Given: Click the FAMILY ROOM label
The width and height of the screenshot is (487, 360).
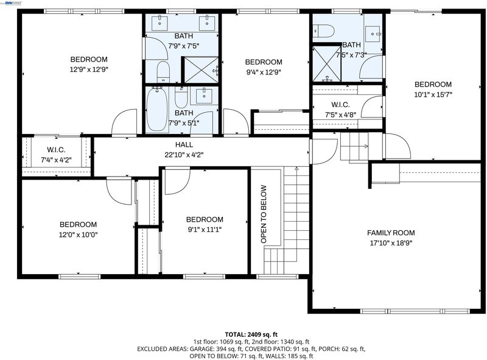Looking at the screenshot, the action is click(x=391, y=233).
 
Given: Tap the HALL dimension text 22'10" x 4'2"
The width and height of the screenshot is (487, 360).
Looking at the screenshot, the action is click(x=184, y=155).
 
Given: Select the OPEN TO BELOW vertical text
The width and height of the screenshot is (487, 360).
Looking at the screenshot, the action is click(x=264, y=214).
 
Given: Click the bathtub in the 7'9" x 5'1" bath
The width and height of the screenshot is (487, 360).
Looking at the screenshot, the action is click(x=157, y=109).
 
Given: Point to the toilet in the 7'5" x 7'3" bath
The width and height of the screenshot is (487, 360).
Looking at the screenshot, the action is click(x=324, y=32).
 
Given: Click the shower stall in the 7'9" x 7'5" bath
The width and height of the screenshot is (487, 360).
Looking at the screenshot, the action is click(x=201, y=70).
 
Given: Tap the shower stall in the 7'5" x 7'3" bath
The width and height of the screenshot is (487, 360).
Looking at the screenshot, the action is click(x=327, y=64).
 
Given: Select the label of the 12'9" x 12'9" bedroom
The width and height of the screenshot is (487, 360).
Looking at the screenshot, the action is click(x=89, y=59).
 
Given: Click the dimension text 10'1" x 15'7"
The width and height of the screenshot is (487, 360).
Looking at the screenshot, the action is click(x=433, y=94).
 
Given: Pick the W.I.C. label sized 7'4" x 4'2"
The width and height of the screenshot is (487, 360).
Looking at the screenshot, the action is click(x=56, y=150).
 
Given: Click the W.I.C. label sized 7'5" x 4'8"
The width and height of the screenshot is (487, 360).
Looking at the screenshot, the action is click(x=340, y=105).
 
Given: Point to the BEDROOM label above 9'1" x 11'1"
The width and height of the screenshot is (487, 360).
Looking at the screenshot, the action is click(x=205, y=219).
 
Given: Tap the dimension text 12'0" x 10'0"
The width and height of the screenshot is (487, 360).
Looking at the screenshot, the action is click(x=79, y=235).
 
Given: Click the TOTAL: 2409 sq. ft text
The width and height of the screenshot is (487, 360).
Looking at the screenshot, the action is click(x=251, y=334).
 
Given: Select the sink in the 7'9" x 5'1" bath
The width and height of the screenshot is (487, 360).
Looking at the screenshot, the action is click(x=204, y=96).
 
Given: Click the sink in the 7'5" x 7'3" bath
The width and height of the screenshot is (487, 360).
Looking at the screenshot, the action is click(x=373, y=34).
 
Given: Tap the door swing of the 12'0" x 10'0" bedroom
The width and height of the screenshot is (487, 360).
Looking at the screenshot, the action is click(x=120, y=191).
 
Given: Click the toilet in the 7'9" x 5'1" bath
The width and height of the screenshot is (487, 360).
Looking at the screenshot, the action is click(x=181, y=97).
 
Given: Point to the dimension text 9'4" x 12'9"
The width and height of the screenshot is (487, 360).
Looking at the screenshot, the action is click(x=264, y=72).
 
